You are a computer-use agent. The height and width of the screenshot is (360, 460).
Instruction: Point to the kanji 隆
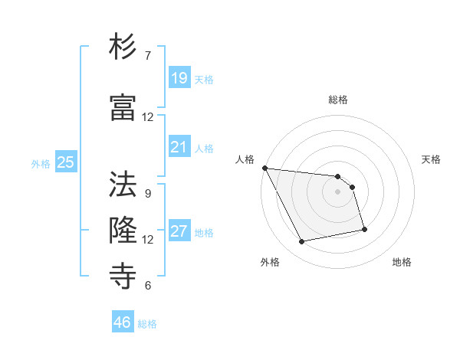123,229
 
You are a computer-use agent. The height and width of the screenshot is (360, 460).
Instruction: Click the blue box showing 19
179,77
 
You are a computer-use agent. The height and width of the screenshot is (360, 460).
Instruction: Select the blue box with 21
179,147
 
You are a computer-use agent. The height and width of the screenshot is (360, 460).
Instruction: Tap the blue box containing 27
179,231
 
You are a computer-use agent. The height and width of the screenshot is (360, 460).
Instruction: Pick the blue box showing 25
66,162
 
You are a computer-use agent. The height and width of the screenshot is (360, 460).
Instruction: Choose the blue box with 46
123,322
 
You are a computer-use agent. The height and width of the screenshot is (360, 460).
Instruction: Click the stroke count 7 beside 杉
148,56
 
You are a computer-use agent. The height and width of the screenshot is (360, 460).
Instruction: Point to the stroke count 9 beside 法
148,194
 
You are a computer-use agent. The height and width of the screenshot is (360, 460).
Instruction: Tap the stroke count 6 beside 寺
148,286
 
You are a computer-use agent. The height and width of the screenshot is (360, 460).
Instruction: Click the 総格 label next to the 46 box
147,324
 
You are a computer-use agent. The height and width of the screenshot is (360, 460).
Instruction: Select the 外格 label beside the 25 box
41,163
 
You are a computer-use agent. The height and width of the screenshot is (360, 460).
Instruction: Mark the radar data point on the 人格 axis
264,168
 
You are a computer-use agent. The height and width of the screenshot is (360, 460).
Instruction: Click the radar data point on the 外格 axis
302,242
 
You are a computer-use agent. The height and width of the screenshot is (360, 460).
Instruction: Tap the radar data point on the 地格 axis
364,229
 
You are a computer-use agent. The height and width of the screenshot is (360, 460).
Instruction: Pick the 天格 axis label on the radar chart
432,159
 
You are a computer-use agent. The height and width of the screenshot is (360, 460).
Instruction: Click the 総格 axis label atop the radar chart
338,100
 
